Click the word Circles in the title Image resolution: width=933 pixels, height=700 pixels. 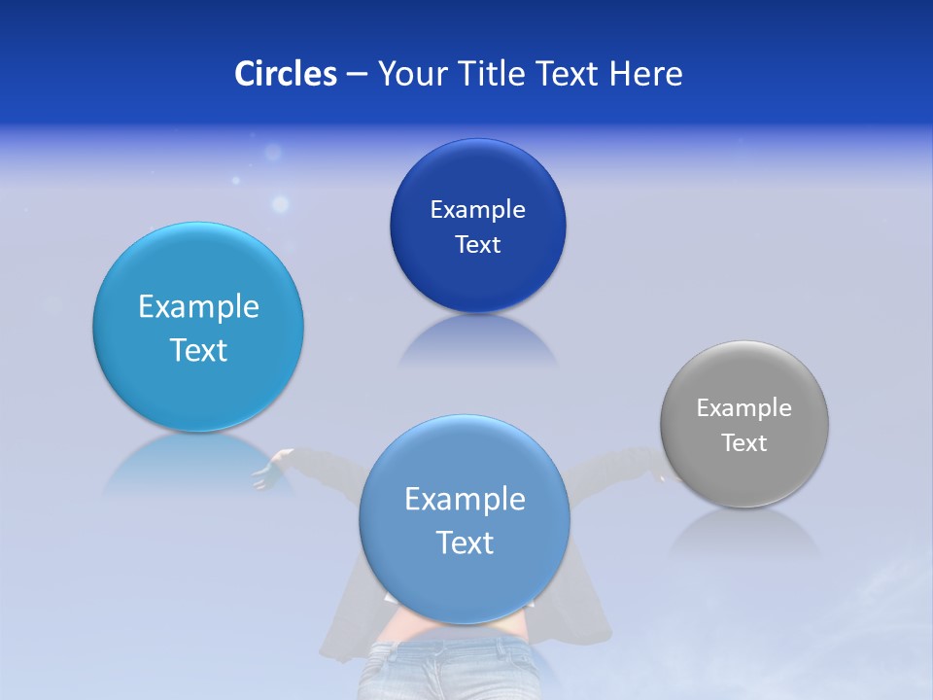[286, 74]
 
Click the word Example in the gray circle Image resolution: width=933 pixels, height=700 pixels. [743, 408]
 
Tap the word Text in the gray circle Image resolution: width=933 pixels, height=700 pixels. [743, 443]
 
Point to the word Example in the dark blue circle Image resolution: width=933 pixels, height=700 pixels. [477, 210]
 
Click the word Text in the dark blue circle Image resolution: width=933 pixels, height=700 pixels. [477, 245]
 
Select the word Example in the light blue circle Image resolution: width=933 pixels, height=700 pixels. [198, 307]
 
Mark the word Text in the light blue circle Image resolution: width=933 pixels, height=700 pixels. [198, 350]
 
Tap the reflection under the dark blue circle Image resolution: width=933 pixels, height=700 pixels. [478, 340]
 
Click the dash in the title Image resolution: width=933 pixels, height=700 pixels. [357, 75]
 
